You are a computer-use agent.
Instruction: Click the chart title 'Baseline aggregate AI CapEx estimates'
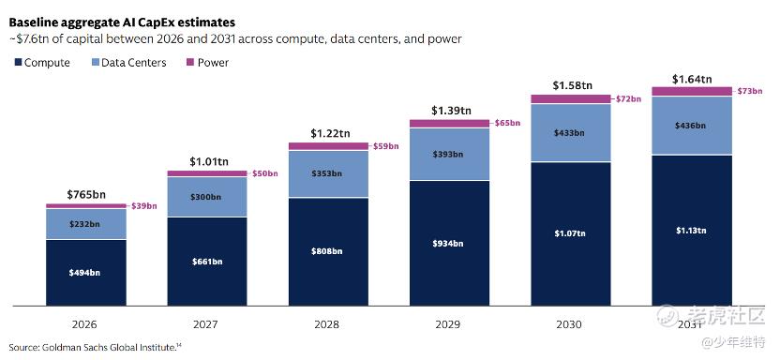pos(122,22)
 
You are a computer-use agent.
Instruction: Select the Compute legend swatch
pos(19,63)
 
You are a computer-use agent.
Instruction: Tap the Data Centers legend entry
pos(128,63)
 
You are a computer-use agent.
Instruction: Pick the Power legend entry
pos(207,63)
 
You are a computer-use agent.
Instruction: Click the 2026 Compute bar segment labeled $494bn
pos(86,273)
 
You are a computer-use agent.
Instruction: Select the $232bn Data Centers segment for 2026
pos(86,224)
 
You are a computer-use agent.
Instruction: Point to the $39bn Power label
pos(144,206)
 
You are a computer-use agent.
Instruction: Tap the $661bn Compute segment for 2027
pos(207,262)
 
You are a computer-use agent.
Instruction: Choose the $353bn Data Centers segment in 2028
pos(328,174)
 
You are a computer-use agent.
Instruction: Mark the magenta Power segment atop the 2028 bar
pos(328,146)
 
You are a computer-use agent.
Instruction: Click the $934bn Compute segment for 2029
pos(450,243)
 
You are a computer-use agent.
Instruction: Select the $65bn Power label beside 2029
pos(508,123)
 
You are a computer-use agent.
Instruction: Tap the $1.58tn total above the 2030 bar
pos(573,85)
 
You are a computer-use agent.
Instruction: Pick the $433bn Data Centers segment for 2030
pos(571,133)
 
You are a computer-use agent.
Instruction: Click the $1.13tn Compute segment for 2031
pos(692,231)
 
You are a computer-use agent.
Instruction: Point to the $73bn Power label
pos(750,91)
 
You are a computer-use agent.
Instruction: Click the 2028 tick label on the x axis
pos(327,324)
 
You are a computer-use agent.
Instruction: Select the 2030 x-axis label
pos(569,324)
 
